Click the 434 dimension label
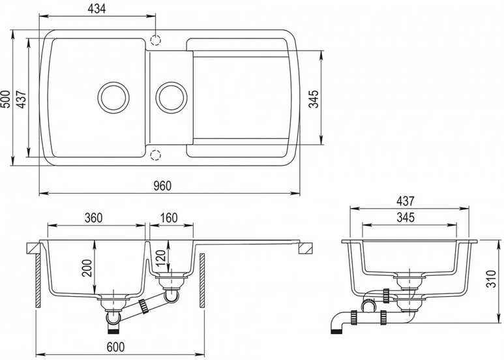pos(96,8)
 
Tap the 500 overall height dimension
pos(5,99)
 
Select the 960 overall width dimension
pos(162,186)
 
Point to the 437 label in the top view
pos(22,99)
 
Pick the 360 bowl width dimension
pos(93,218)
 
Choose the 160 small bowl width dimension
pos(169,218)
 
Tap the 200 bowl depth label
pos(87,268)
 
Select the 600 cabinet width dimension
pos(115,347)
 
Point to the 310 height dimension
pos(491,279)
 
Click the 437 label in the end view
pos(406,202)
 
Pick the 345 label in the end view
pos(406,218)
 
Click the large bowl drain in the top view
pos(113,97)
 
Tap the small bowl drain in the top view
pos(171,97)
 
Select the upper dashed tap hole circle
pos(155,40)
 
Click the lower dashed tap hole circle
pos(155,155)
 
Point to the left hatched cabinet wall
pos(38,280)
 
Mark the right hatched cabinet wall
pos(202,280)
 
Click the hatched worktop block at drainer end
pos(305,248)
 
